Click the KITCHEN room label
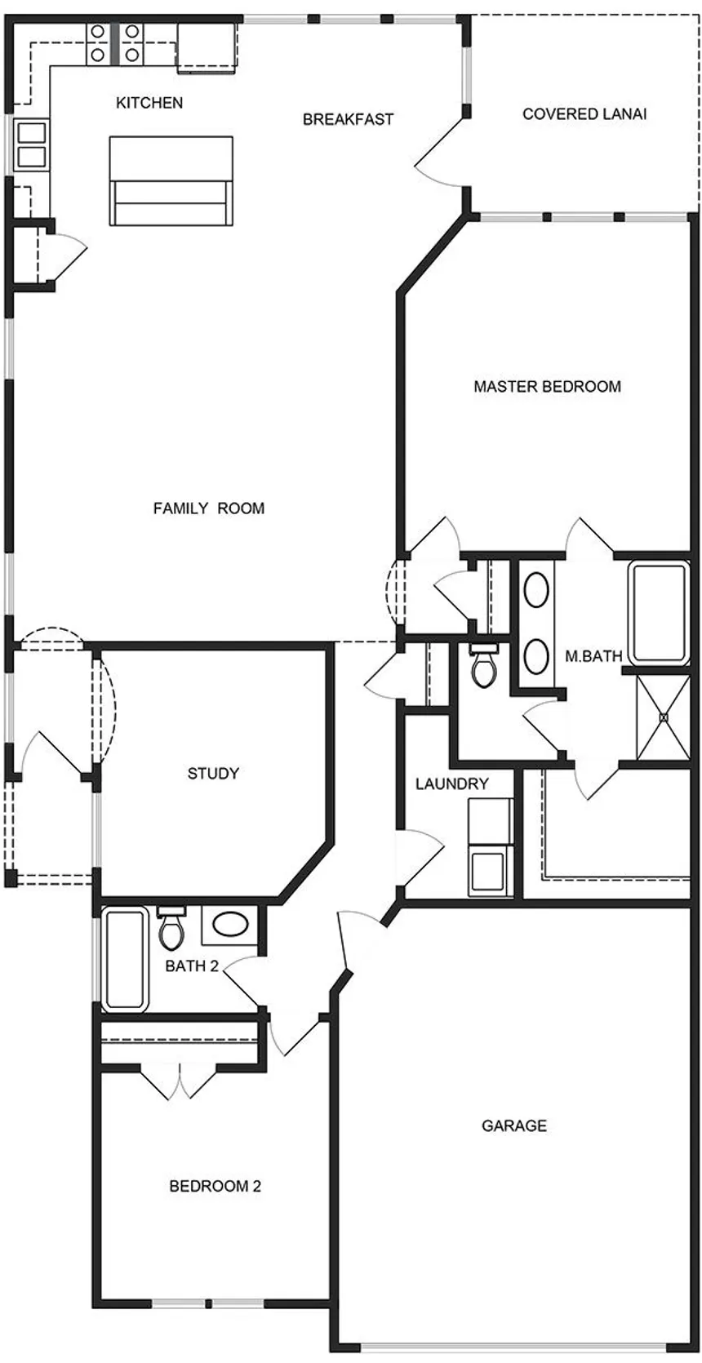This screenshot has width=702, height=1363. tap(149, 103)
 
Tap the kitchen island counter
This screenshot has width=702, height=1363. tap(171, 180)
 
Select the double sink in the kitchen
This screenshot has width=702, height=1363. tap(32, 144)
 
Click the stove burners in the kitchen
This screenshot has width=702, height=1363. tap(114, 43)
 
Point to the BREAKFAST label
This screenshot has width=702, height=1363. tap(349, 119)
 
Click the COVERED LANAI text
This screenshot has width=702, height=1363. tap(584, 114)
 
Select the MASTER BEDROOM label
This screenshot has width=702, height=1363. tap(547, 386)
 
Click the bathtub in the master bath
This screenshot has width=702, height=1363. tap(659, 612)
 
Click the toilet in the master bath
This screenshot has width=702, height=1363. tap(484, 666)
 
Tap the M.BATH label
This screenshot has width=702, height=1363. tap(593, 656)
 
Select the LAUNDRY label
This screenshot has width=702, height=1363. tap(451, 784)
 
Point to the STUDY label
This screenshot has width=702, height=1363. tap(213, 773)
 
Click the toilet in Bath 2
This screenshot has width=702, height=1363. tap(171, 930)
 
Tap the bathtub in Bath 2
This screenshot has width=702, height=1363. tap(125, 959)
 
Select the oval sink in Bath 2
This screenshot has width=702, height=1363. tap(230, 925)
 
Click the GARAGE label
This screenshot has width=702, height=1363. tap(514, 1125)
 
